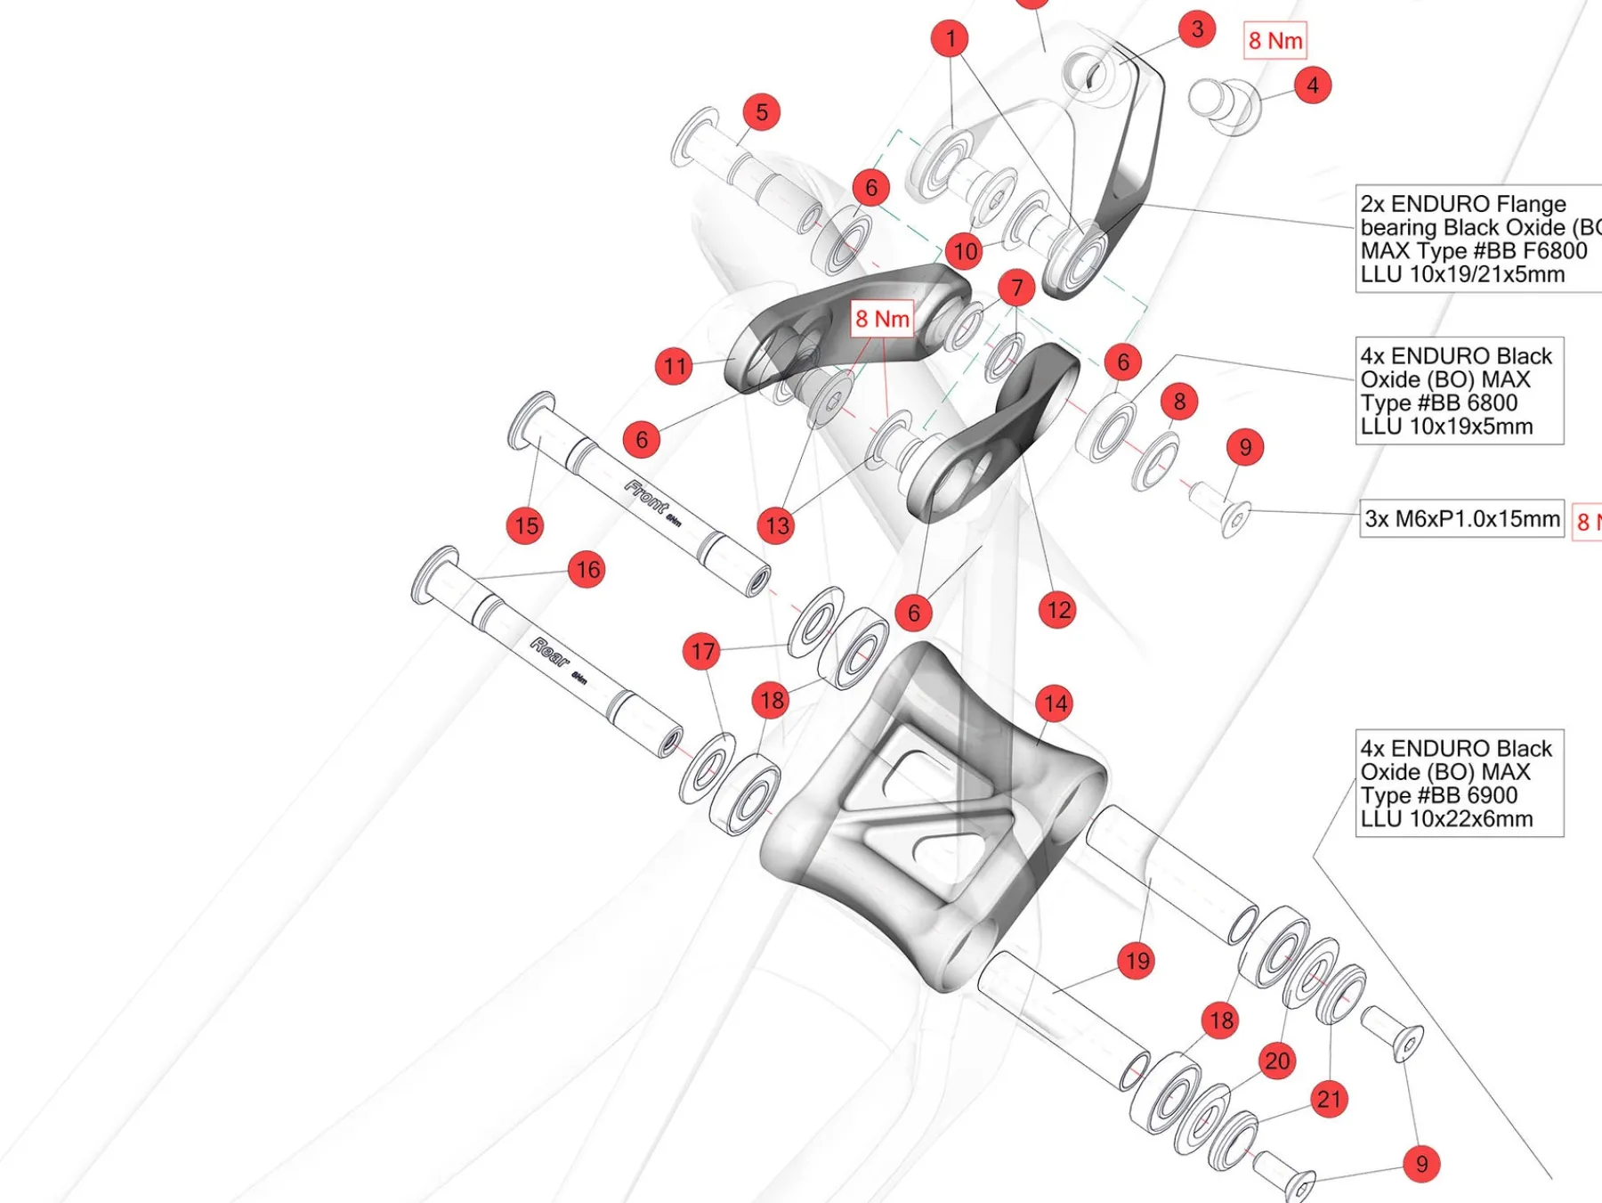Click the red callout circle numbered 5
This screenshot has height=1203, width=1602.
762,112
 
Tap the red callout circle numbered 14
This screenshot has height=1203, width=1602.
1055,703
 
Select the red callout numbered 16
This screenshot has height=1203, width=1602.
587,570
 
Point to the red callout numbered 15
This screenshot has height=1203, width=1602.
526,525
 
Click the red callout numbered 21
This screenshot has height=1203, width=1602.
1329,1099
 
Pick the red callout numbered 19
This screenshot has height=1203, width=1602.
1137,961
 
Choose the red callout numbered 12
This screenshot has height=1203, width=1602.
1057,610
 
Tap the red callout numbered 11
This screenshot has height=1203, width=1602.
675,366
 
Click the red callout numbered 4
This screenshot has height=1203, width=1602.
1313,85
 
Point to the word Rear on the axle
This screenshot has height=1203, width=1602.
550,653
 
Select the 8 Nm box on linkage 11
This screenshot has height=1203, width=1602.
882,319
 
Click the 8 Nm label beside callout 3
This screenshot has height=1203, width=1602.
1274,41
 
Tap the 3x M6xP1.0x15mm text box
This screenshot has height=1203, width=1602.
1461,518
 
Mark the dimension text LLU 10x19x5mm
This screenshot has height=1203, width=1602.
1446,427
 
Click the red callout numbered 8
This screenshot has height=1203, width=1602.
1179,402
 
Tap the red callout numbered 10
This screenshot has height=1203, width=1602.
966,251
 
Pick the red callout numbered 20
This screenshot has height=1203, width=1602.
1277,1061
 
